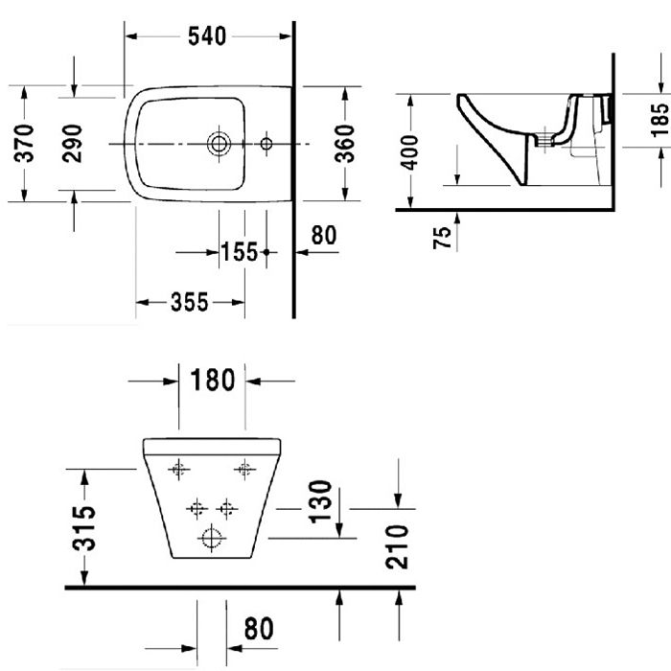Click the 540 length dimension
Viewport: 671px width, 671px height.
coord(207,36)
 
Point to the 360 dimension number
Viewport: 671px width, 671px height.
coord(347,143)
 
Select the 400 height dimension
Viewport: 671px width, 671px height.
coord(410,151)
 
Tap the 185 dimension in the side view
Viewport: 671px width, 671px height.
coord(659,121)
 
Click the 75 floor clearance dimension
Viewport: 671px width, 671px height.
coord(442,238)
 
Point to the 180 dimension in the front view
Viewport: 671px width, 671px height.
coord(212,381)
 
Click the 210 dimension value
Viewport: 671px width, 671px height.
coord(400,546)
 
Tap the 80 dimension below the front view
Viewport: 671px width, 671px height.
coord(258,629)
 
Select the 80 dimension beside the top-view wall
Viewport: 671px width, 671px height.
coord(324,236)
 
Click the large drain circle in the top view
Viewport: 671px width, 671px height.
coord(220,144)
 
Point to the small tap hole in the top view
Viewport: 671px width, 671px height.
coord(266,144)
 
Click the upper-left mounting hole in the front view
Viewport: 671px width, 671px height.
coord(175,469)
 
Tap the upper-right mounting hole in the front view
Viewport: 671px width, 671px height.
coord(244,469)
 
